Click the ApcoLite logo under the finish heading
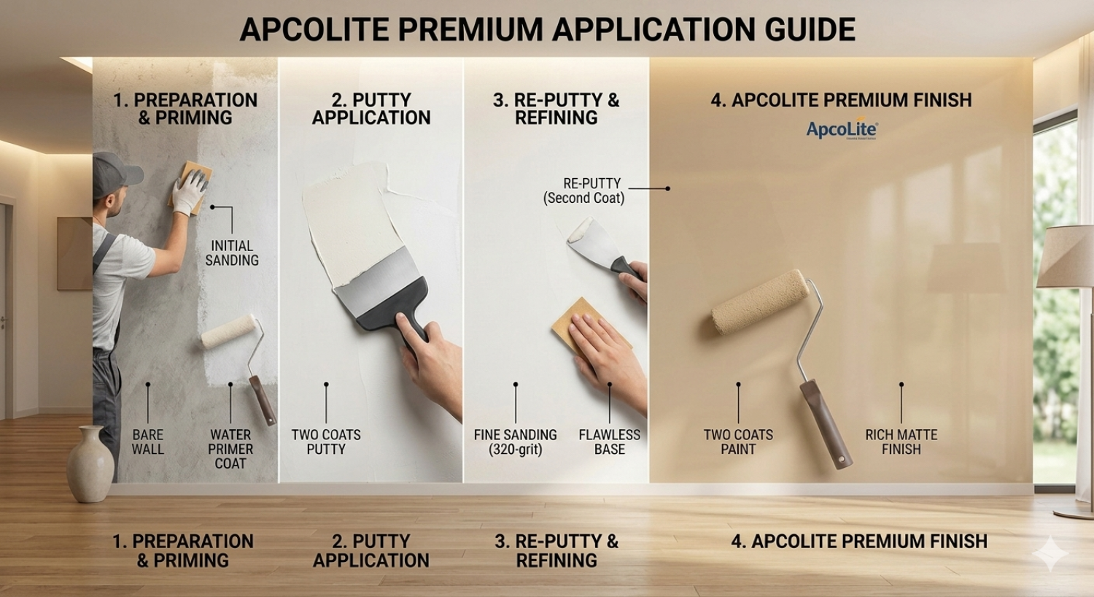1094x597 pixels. (x=842, y=129)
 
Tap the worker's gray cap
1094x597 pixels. (x=115, y=174)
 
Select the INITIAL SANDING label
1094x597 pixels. (x=232, y=253)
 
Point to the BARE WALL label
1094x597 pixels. (x=147, y=442)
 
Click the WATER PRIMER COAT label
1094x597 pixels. (x=230, y=449)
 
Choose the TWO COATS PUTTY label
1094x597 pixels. (x=326, y=442)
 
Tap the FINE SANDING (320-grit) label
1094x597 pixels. (x=515, y=442)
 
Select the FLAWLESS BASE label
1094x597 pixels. (x=610, y=442)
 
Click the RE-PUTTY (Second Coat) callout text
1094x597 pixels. (x=584, y=190)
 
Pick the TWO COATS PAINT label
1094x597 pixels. (x=738, y=442)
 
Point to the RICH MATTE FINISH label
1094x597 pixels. (x=901, y=442)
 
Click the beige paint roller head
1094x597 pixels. (x=760, y=301)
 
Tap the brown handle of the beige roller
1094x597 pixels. (x=826, y=423)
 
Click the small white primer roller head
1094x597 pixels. (x=229, y=331)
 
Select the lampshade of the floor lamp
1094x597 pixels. (x=1066, y=256)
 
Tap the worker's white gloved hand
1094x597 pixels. (x=189, y=190)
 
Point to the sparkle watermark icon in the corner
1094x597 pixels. (x=1050, y=553)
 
